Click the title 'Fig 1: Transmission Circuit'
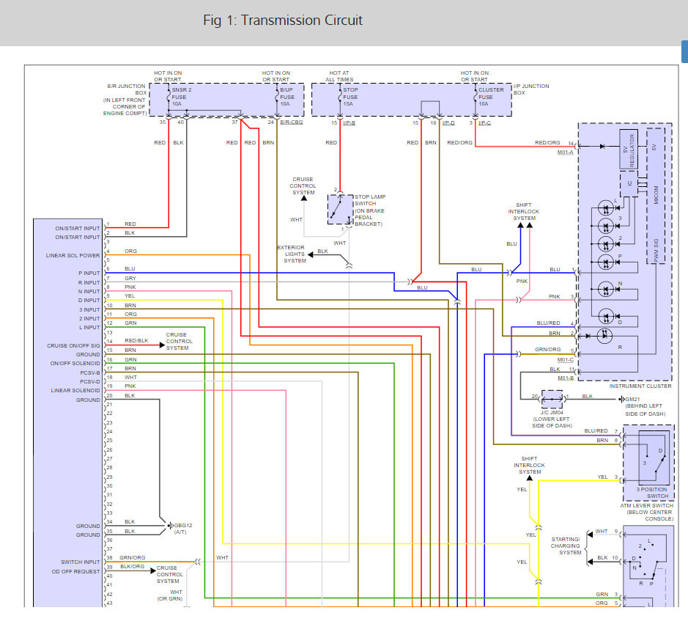tap(282, 20)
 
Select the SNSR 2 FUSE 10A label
tap(182, 97)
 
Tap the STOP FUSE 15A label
tap(350, 97)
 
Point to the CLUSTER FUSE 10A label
tap(491, 97)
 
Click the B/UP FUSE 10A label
tap(287, 97)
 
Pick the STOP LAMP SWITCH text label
tap(370, 210)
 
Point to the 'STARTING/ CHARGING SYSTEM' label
tap(566, 546)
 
